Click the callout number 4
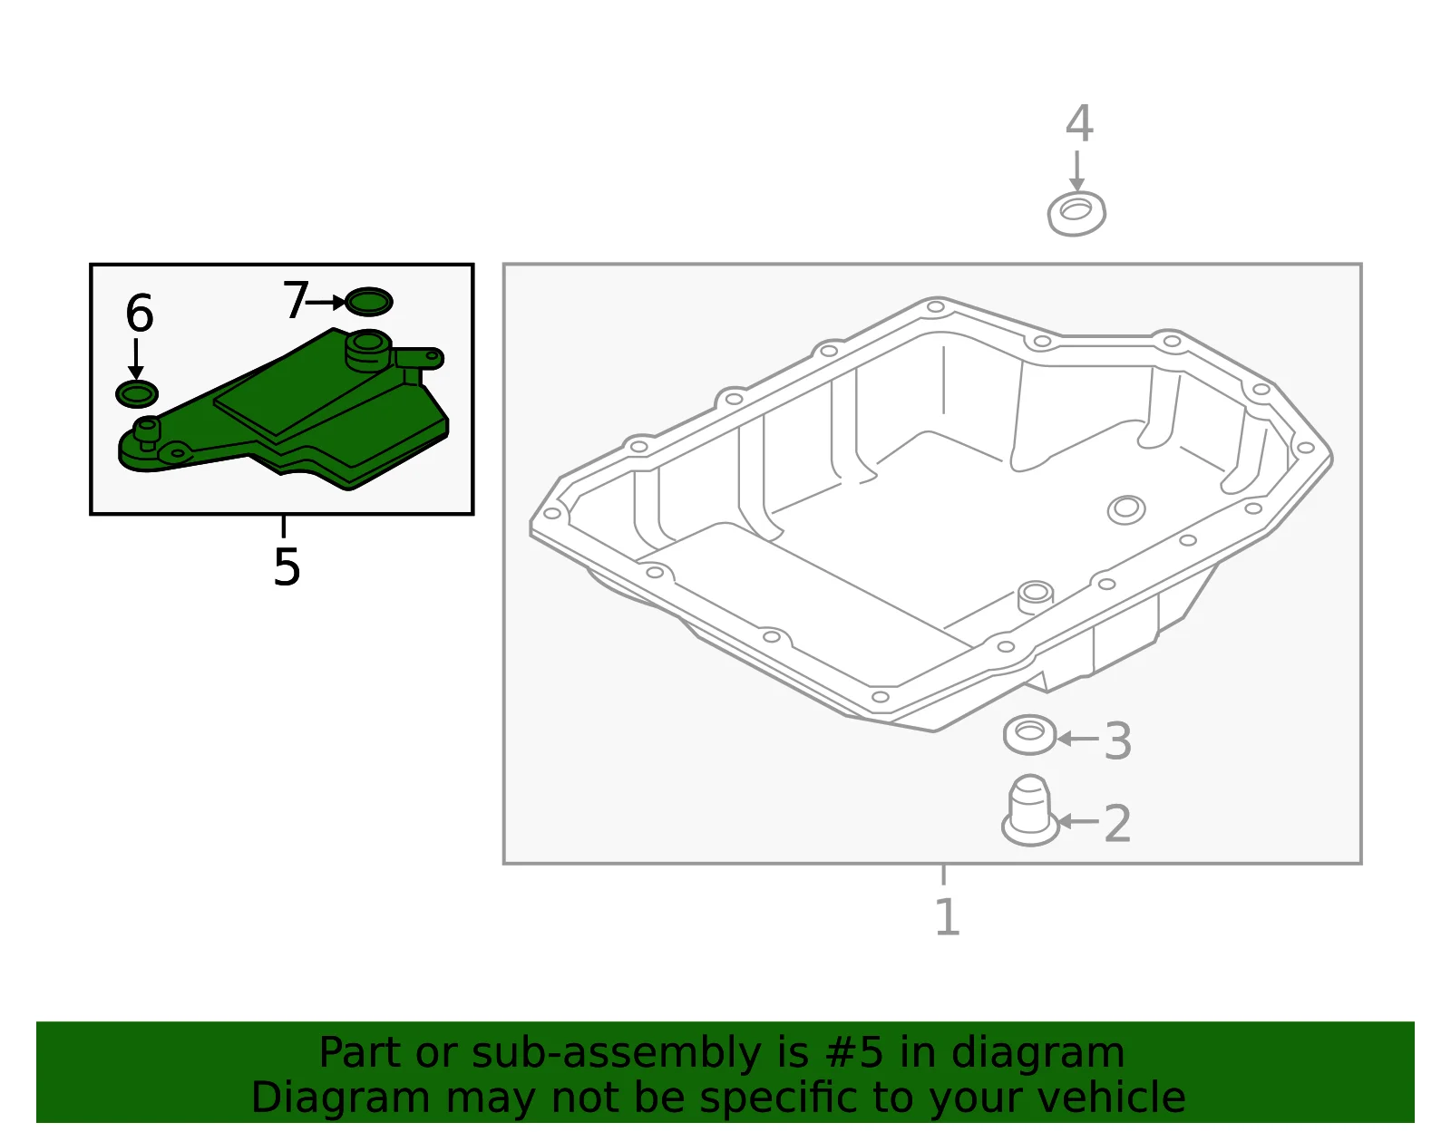coord(1079,123)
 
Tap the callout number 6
coord(140,313)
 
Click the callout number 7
coord(295,299)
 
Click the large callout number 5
coord(287,567)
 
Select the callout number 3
coord(1118,740)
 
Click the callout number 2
coord(1118,824)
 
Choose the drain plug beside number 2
coord(1030,810)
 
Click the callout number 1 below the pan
coord(949,916)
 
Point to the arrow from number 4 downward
coord(1076,171)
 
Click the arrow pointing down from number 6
coord(135,360)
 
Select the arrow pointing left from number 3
coord(1077,739)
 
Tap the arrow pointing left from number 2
coord(1077,821)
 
